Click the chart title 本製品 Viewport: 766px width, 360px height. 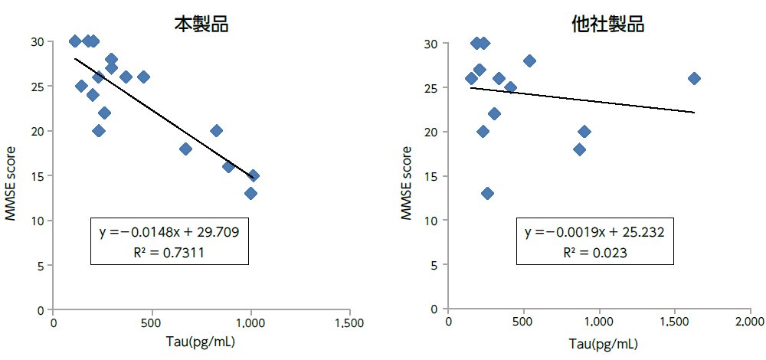(x=201, y=24)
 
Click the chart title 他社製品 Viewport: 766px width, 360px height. (x=607, y=24)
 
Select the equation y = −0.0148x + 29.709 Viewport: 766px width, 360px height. (x=169, y=231)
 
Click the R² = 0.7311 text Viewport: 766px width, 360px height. (x=169, y=251)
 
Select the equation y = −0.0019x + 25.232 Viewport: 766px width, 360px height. (x=594, y=231)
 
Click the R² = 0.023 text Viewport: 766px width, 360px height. (x=594, y=251)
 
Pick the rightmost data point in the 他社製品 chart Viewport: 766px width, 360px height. (x=694, y=78)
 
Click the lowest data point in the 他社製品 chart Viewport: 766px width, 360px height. (x=487, y=193)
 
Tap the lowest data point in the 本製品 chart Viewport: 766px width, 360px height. (x=250, y=193)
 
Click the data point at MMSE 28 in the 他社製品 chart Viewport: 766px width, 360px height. (x=529, y=61)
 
